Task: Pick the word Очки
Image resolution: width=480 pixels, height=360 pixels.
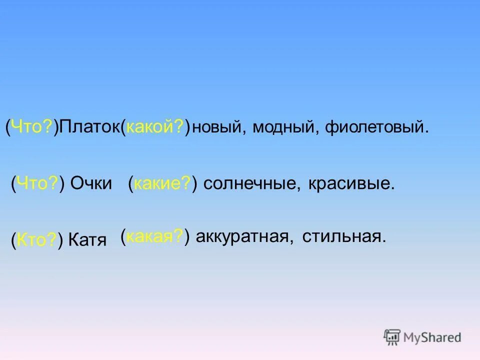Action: click(x=91, y=183)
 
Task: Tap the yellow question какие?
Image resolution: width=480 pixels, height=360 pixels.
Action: click(x=162, y=183)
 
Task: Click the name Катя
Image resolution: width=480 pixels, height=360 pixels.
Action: click(x=87, y=240)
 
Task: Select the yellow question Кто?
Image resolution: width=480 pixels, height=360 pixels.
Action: click(x=36, y=240)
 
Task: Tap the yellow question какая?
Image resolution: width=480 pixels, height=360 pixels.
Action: click(x=154, y=236)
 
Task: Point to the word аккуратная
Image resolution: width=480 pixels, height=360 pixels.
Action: click(x=243, y=236)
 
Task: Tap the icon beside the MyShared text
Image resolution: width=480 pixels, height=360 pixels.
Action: click(x=392, y=337)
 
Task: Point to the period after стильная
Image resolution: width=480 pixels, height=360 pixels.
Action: click(x=384, y=240)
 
